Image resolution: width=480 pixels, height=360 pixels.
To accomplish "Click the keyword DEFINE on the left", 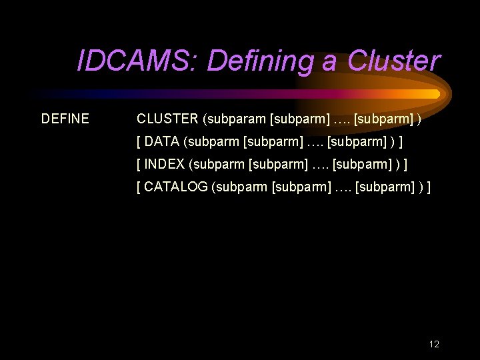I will tap(65, 119).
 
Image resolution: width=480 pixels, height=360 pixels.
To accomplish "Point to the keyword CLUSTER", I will tap(167, 119).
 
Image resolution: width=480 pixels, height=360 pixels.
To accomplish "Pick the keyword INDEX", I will tap(164, 165).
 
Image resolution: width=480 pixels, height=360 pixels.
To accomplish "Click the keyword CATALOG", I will tap(176, 187).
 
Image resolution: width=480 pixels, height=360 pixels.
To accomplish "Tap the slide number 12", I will tap(434, 345).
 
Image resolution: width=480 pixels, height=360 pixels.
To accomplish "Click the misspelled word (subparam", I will tap(234, 119).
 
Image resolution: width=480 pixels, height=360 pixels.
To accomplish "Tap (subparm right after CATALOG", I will tap(240, 187).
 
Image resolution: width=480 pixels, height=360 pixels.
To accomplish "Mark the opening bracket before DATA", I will tap(139, 142).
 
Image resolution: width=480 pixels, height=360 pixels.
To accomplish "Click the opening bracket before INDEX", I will tap(139, 165).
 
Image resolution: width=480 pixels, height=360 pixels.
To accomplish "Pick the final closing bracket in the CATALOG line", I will tap(429, 187).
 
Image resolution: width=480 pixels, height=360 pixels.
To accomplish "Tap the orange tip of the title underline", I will tap(435, 93).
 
